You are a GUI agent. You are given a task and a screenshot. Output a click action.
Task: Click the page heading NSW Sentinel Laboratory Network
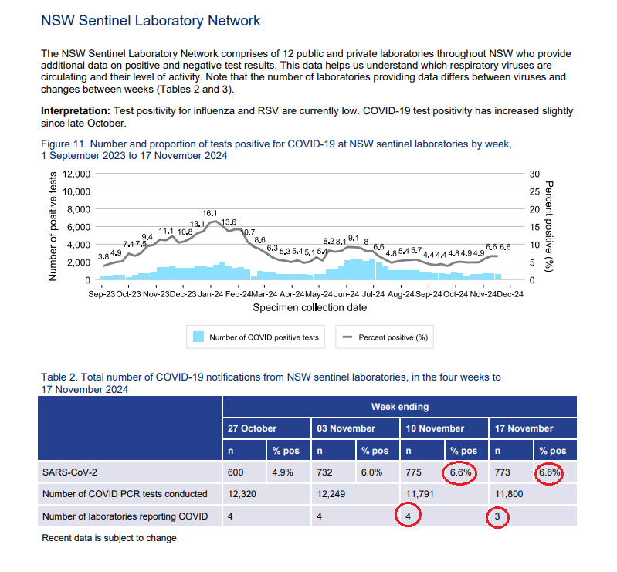pos(151,21)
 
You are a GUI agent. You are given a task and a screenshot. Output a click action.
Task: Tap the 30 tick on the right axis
pos(533,174)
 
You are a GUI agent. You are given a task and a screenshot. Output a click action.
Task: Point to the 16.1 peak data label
pos(210,213)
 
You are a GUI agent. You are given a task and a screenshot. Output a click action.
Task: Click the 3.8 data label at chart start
pos(103,256)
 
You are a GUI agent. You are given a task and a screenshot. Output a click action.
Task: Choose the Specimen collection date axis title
pos(310,307)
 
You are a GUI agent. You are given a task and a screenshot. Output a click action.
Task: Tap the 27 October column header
pos(252,428)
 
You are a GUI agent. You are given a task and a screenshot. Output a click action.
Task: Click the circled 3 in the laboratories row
pos(499,517)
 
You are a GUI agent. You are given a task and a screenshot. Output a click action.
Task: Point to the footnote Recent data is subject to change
pos(110,537)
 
